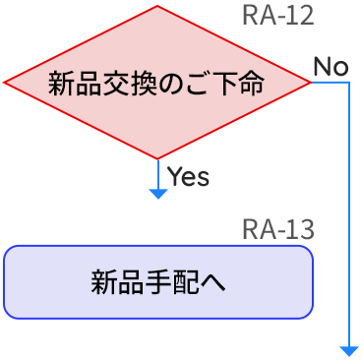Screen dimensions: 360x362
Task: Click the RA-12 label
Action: click(277, 17)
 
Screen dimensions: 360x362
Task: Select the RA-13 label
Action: click(277, 230)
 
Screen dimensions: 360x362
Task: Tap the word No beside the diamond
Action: click(331, 67)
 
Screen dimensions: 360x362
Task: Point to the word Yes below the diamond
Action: click(188, 177)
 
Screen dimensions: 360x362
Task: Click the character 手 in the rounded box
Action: click(158, 282)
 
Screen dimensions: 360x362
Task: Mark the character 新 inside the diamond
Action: click(60, 84)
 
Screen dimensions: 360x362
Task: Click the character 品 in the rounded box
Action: click(131, 282)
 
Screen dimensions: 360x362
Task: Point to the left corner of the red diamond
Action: click(5, 83)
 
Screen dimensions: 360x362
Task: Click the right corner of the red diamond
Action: click(310, 83)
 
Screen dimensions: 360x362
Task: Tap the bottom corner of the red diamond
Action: click(157, 158)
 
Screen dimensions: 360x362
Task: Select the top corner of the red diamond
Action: click(157, 6)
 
